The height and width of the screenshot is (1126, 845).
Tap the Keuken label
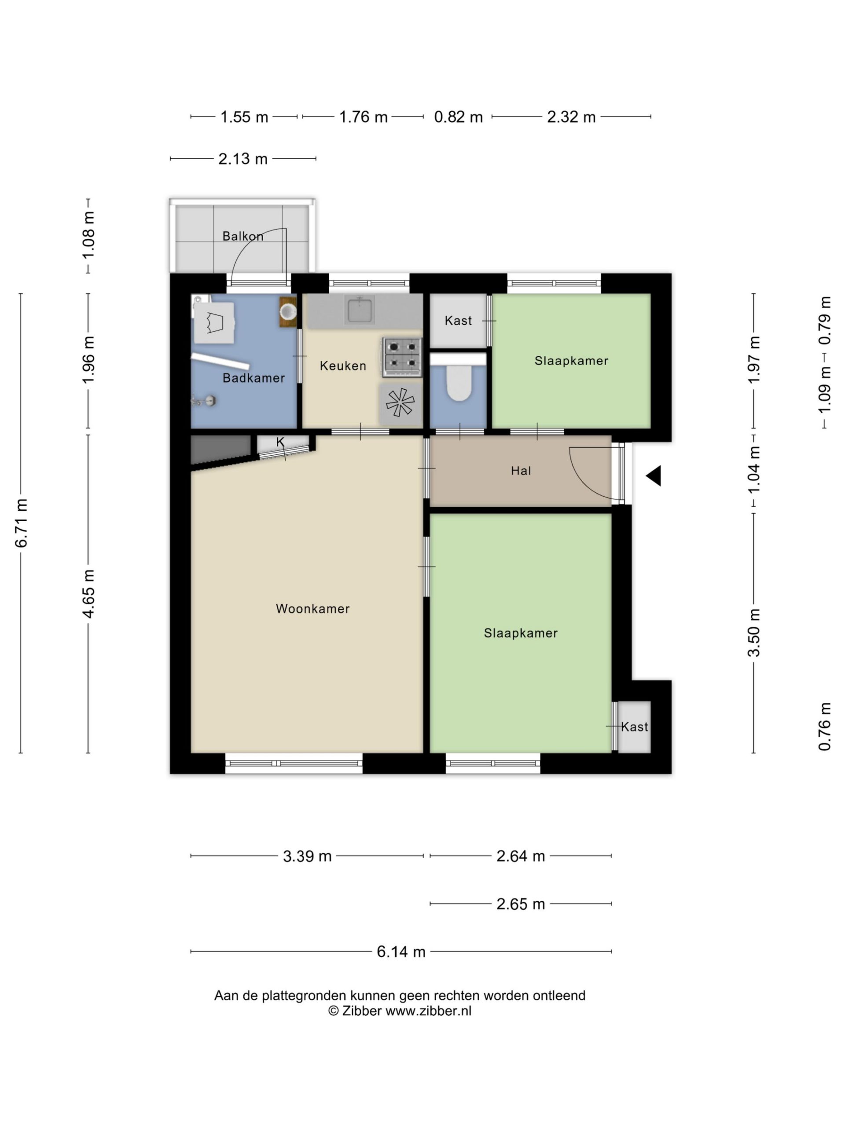coord(343,366)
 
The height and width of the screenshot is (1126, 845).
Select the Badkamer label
coord(253,378)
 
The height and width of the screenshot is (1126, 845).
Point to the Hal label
coord(521,471)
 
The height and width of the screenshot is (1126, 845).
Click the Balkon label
coord(243,236)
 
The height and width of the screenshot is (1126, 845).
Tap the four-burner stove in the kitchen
coord(402,357)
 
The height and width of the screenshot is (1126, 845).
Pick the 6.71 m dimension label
coord(22,523)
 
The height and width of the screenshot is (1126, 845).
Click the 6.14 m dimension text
coord(401,951)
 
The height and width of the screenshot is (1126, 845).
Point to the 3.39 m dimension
coord(307,856)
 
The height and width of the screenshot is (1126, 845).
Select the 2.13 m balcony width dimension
coord(243,159)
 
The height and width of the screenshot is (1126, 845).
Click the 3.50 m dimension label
coord(754,633)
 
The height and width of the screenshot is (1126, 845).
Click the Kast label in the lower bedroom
coord(634,727)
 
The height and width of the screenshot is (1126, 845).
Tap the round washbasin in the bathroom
coord(288,310)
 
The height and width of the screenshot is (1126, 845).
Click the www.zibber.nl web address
coord(428,1011)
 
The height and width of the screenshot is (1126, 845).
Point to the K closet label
coord(280,442)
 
